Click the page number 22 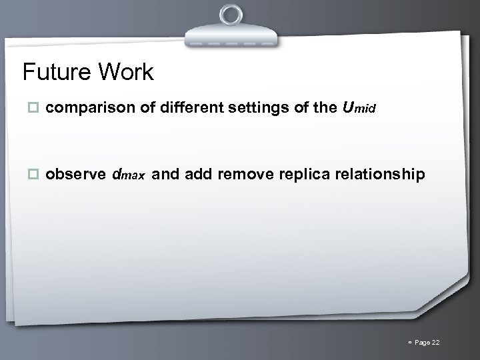point(436,343)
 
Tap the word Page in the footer point(421,343)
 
